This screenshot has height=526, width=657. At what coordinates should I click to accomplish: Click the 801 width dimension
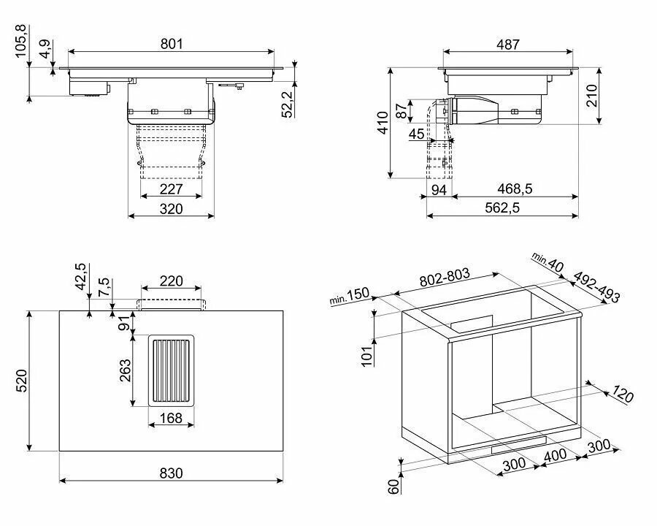coord(172,44)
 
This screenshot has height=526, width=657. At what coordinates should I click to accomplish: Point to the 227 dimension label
coord(172,189)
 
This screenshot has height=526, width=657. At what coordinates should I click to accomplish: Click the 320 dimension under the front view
coord(172,208)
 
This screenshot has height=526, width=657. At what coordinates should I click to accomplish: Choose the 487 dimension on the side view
coord(508,44)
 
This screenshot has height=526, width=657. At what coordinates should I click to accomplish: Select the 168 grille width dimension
coord(172,418)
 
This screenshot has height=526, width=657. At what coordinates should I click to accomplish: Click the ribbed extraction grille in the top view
coord(172,370)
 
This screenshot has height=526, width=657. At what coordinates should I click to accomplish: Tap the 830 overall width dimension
coord(172,473)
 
